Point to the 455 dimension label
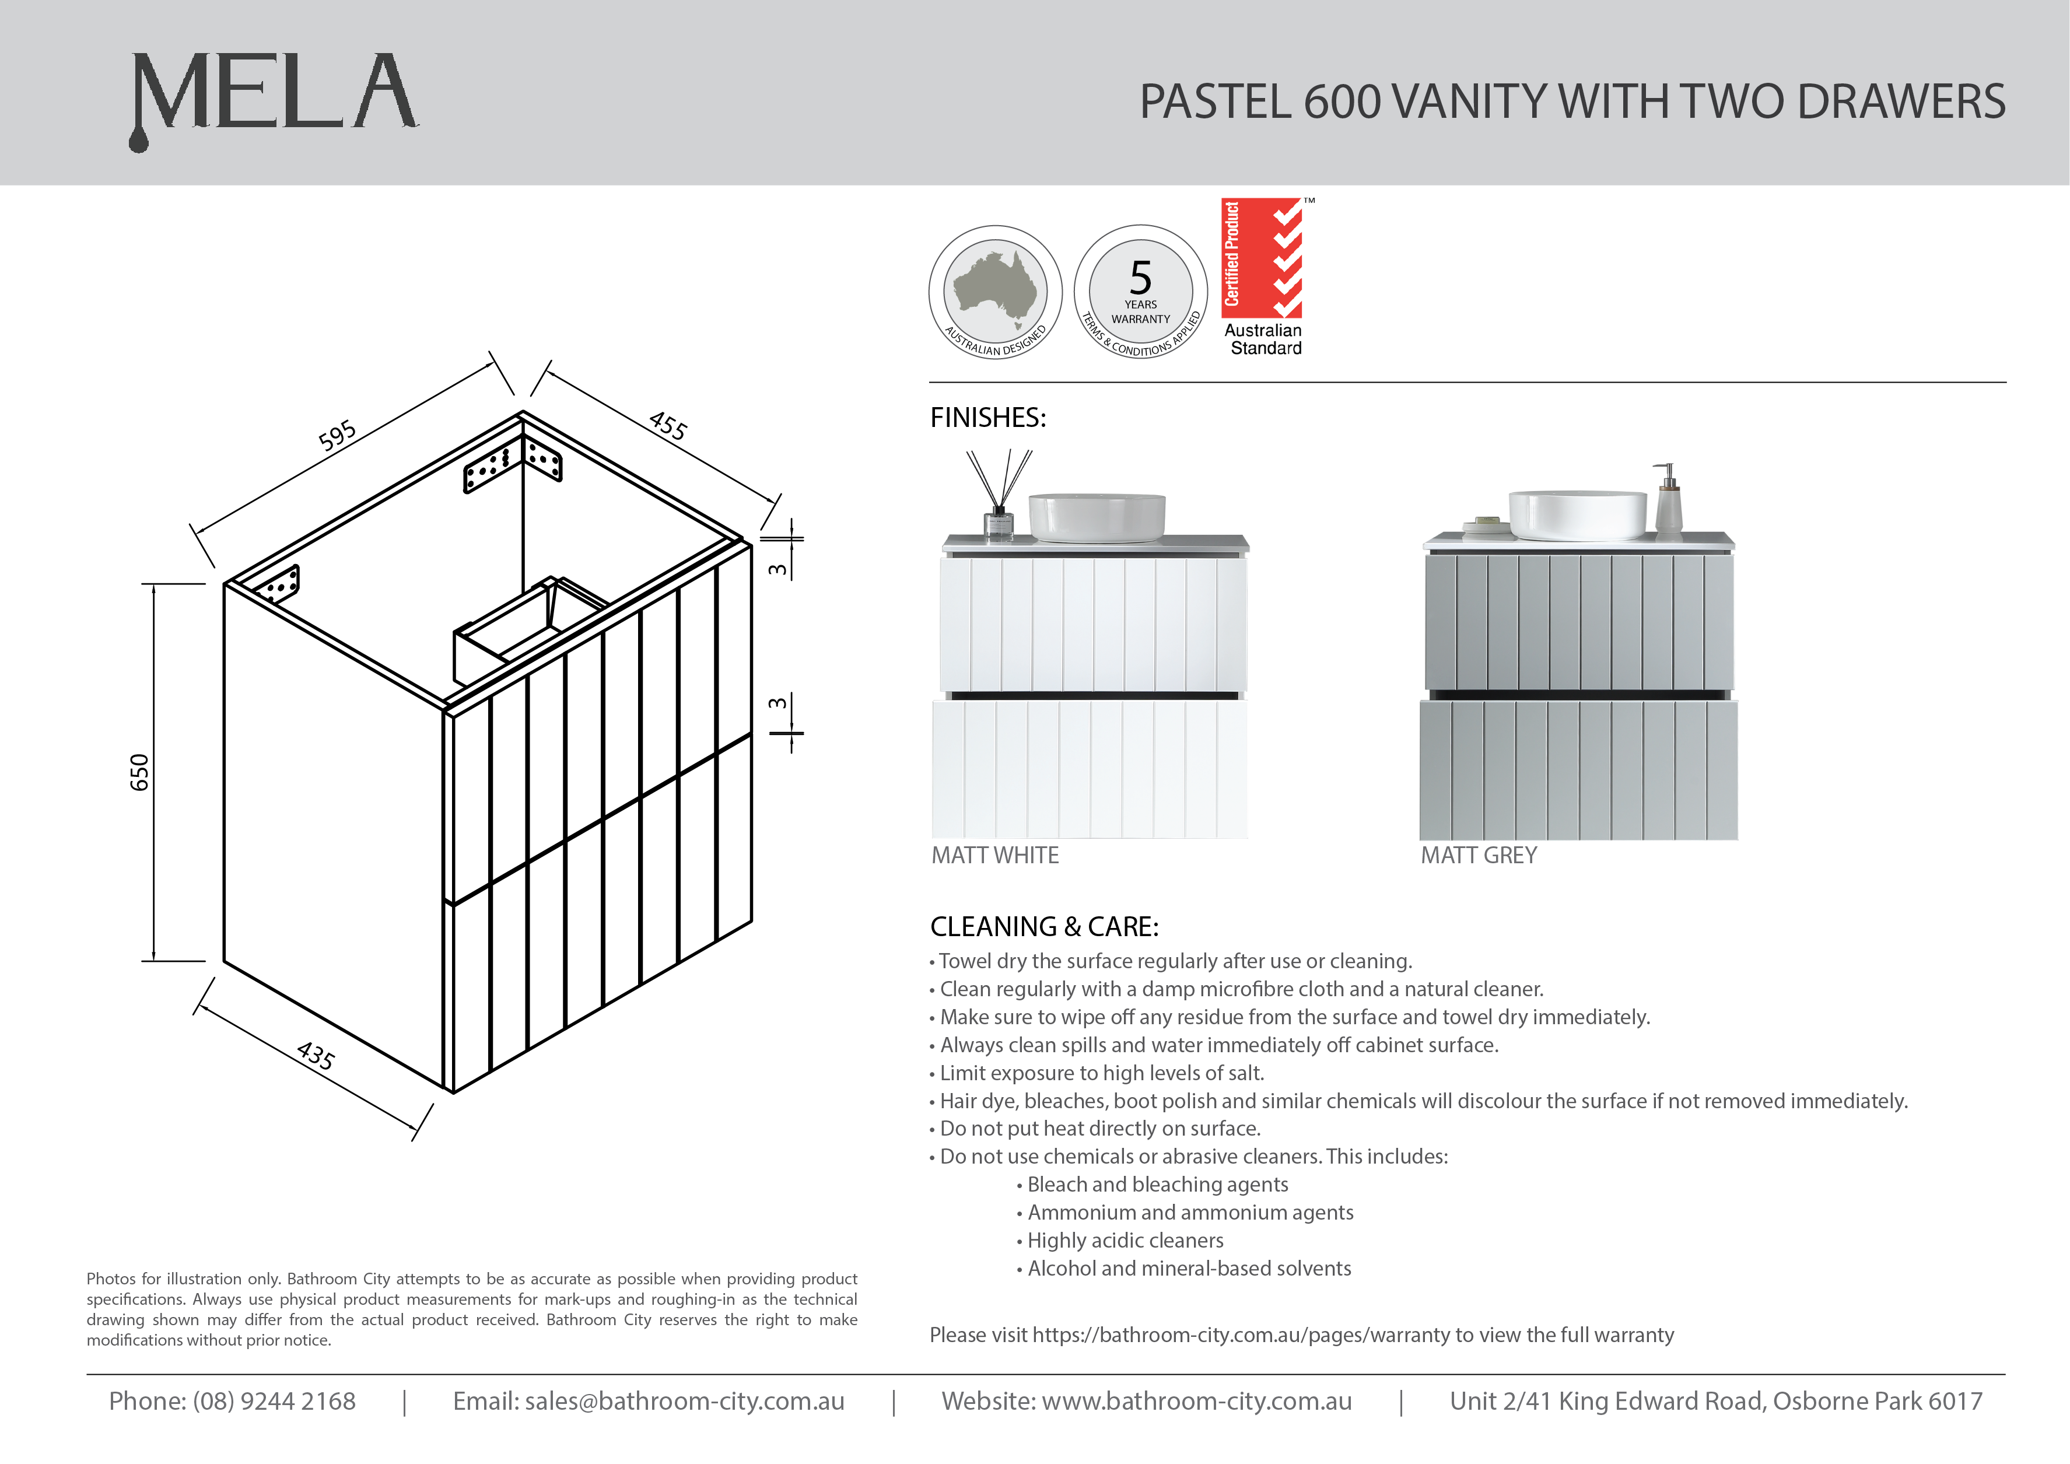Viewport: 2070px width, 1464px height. pos(668,426)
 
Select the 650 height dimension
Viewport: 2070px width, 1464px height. pos(140,773)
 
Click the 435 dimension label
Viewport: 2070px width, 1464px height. pos(316,1056)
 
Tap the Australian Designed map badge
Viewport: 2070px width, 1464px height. pos(995,292)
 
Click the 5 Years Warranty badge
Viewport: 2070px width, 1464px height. pos(1140,292)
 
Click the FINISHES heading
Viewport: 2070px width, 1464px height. pos(988,418)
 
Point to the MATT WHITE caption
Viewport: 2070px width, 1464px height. pos(995,856)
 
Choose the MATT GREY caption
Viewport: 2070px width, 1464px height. pos(1479,856)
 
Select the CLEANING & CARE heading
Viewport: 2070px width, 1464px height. pos(1044,927)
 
